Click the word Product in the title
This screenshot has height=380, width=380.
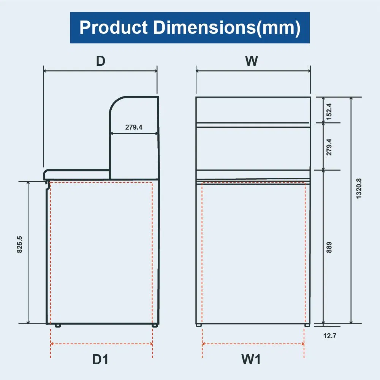click(x=113, y=27)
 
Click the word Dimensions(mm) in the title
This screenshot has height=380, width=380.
click(x=227, y=28)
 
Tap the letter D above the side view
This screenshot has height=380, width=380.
click(x=101, y=61)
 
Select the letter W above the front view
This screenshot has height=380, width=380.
click(x=252, y=61)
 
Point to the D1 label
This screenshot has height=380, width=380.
click(x=100, y=359)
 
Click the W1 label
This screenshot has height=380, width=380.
click(x=251, y=359)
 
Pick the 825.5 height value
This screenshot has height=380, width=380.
click(x=20, y=244)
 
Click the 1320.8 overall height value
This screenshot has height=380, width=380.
click(x=359, y=188)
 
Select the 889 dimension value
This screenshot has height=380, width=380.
click(x=329, y=247)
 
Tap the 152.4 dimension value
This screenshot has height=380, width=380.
click(x=329, y=111)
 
